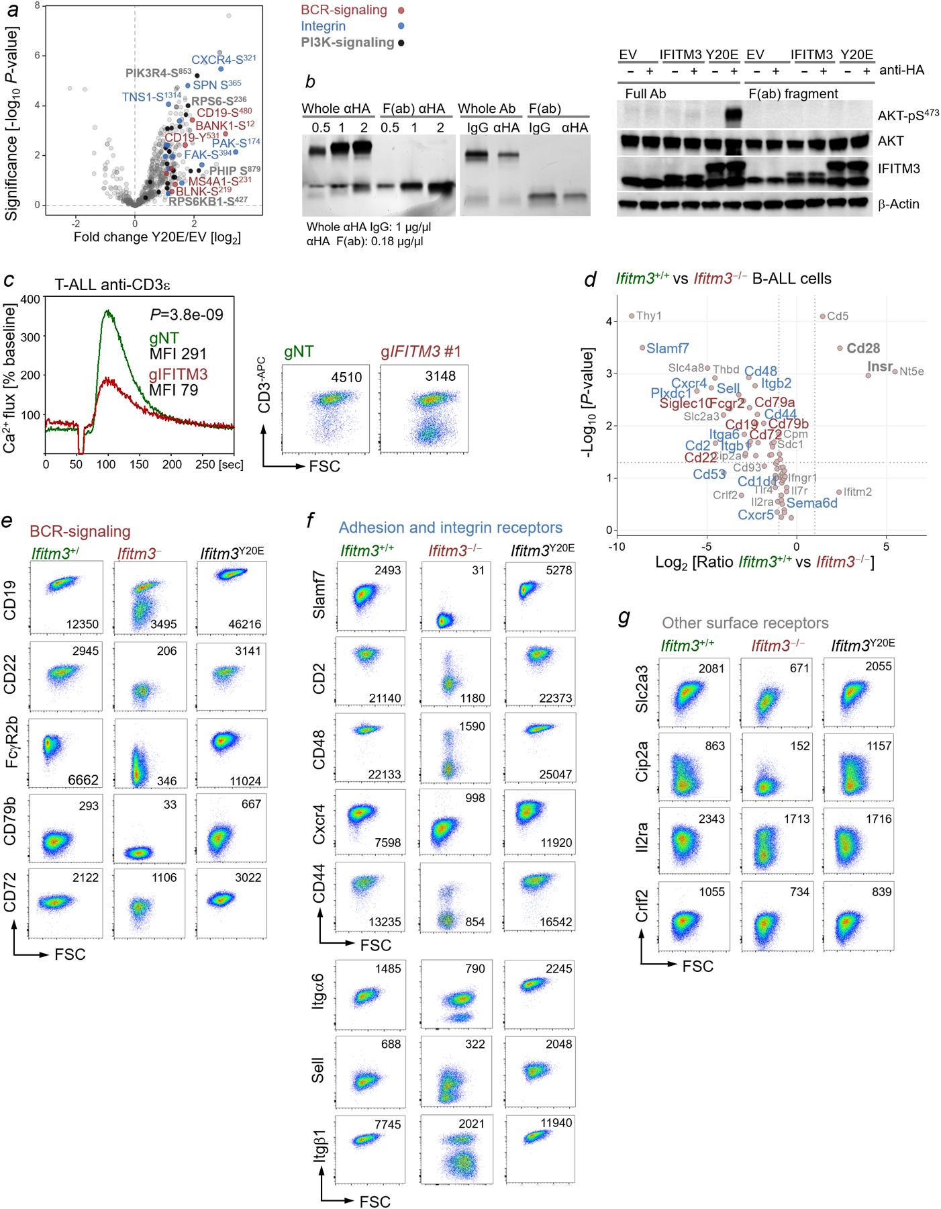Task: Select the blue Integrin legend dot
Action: click(401, 27)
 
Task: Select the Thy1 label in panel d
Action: click(649, 316)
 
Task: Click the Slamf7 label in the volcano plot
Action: click(667, 349)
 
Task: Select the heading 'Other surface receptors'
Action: click(745, 623)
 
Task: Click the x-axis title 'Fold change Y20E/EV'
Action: click(148, 237)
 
